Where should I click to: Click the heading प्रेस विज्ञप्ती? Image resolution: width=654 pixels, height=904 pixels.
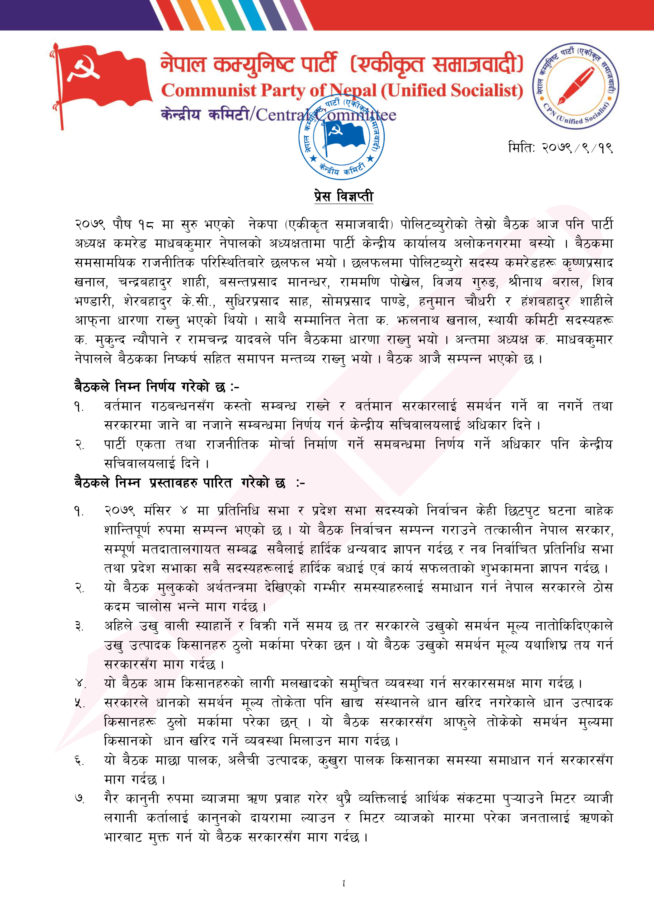tap(344, 196)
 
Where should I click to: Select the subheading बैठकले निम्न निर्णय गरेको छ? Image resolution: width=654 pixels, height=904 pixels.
tap(156, 387)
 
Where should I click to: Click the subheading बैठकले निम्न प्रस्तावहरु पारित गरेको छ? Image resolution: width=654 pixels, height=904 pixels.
tap(189, 483)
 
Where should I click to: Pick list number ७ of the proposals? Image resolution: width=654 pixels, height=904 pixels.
tap(79, 799)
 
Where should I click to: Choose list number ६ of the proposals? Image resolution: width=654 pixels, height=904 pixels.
tap(79, 761)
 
